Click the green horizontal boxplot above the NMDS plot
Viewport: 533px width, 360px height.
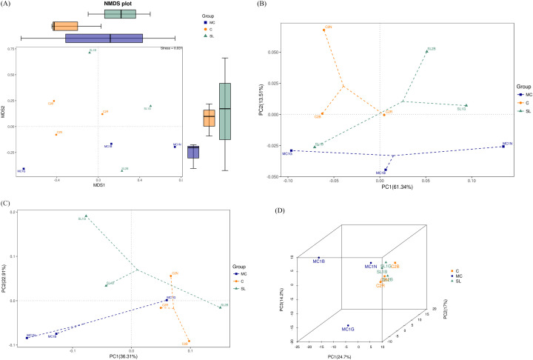(x=122, y=14)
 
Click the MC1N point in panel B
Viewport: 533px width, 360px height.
(x=503, y=147)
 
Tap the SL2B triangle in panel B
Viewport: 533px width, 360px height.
(x=428, y=51)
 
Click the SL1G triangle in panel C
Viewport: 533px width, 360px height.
(x=86, y=216)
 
